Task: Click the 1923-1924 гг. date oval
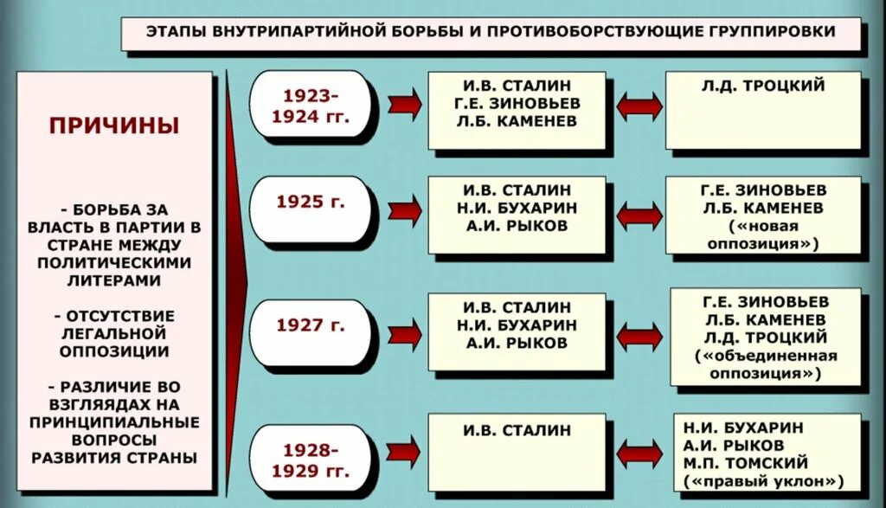311,106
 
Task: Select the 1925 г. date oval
311,203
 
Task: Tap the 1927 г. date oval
311,325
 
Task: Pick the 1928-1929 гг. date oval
311,460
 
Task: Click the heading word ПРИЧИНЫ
114,125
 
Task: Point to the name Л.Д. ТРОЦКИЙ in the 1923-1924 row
763,86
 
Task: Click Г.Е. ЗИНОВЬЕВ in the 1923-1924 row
517,104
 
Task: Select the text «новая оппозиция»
762,235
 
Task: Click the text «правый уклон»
763,481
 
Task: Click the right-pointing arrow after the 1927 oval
405,332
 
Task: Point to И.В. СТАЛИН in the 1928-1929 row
517,430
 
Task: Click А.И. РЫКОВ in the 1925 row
517,226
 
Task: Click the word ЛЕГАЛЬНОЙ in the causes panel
114,333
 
